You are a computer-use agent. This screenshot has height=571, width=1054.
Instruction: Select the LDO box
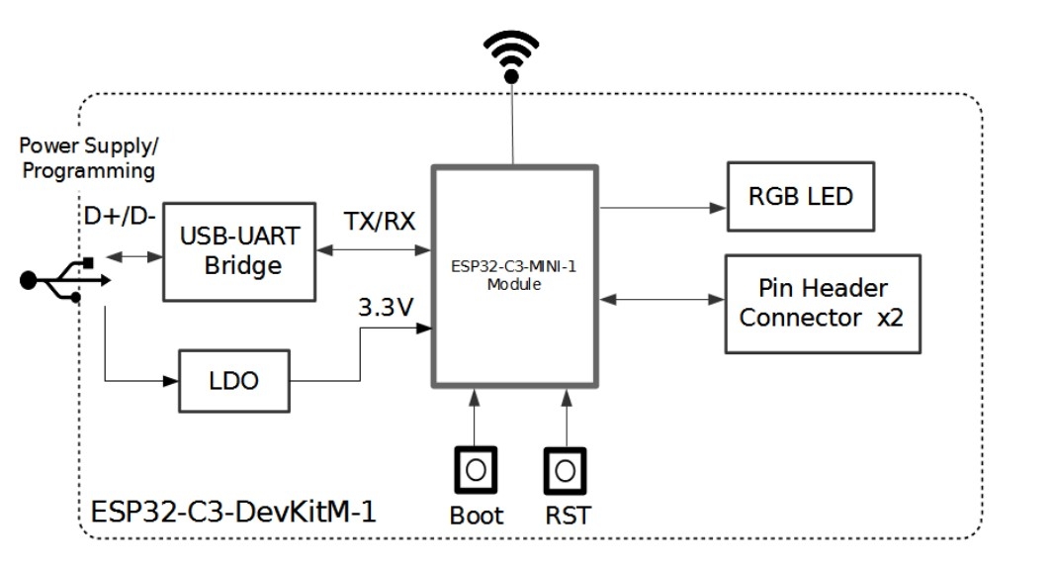click(x=233, y=380)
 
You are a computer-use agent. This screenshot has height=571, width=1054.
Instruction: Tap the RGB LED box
click(x=800, y=196)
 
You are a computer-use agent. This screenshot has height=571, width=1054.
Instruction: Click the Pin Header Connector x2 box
click(x=822, y=303)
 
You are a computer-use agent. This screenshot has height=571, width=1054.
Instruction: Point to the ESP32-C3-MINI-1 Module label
click(x=513, y=276)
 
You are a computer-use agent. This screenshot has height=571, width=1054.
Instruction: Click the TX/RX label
click(x=380, y=221)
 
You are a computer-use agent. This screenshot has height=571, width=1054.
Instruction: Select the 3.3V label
click(x=385, y=308)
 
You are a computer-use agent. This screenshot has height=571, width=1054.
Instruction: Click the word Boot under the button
click(x=476, y=516)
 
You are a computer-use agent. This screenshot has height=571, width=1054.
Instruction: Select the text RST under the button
click(x=568, y=516)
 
